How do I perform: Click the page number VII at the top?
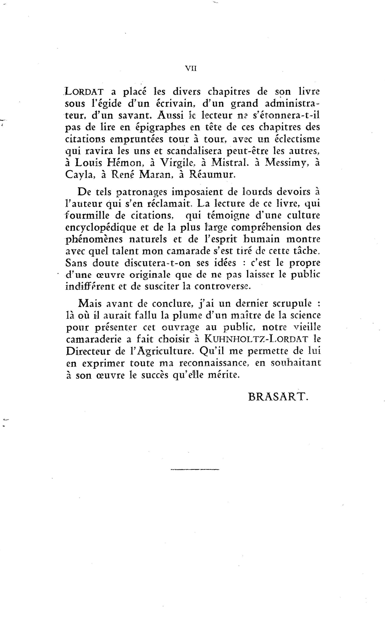(x=191, y=68)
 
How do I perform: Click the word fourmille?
(x=87, y=216)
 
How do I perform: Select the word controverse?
(x=222, y=286)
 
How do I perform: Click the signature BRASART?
(x=278, y=397)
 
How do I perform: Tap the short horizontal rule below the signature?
(x=195, y=469)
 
